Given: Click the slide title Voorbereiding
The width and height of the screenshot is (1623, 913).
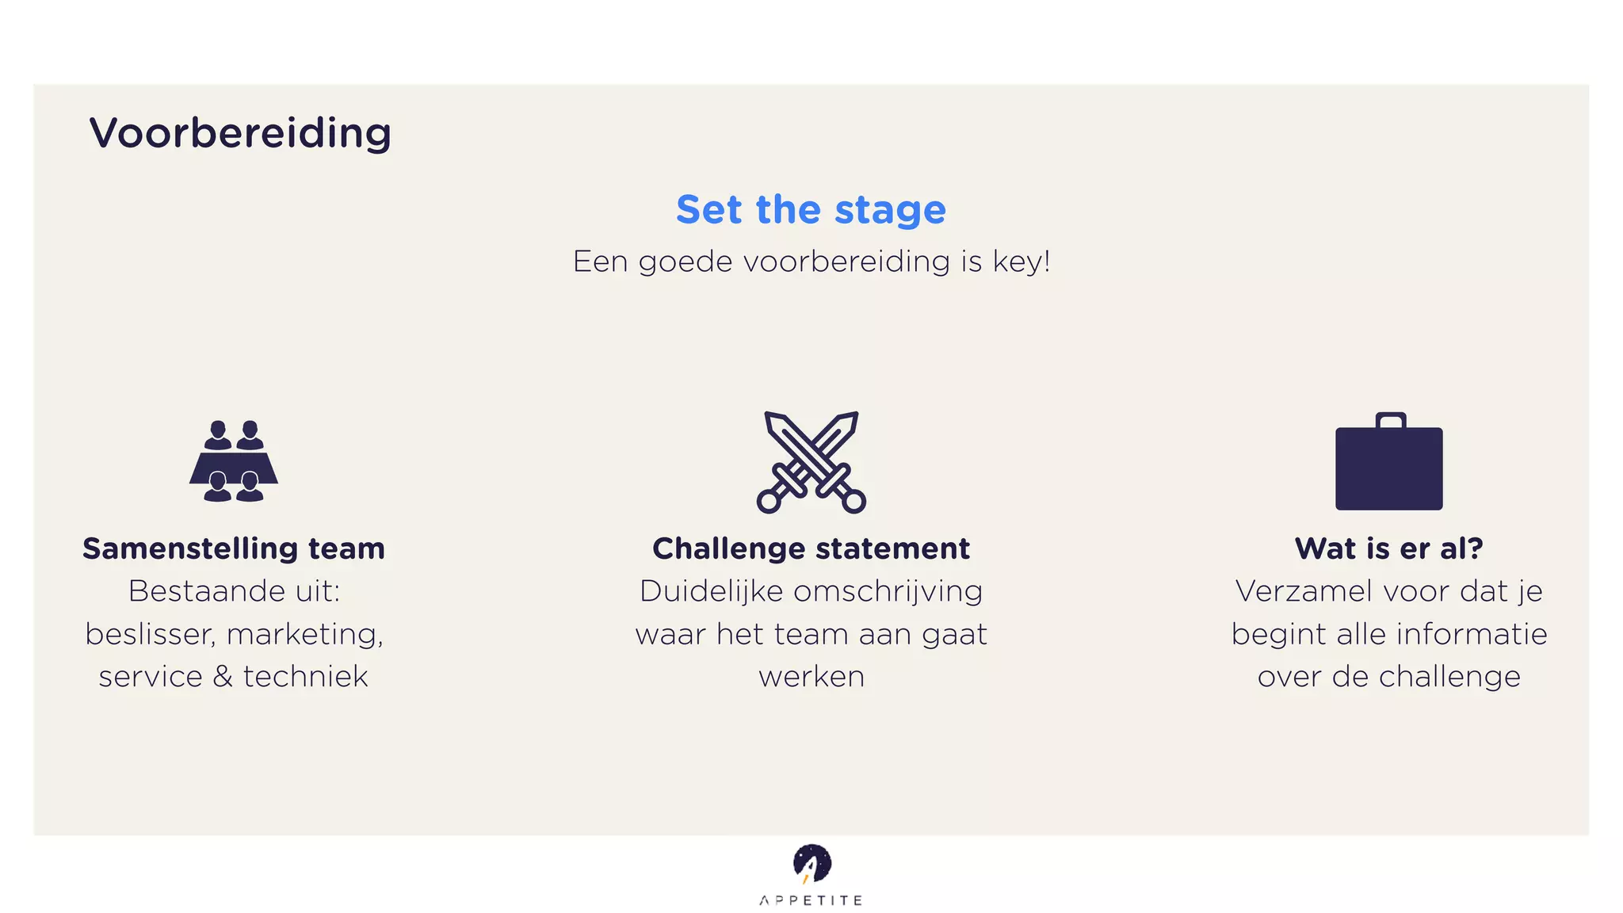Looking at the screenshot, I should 240,133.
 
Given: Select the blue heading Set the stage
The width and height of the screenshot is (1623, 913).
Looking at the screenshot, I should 811,210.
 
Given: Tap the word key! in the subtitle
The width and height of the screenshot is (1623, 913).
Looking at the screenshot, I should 1022,262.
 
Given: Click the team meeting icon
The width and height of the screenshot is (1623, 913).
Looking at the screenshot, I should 234,461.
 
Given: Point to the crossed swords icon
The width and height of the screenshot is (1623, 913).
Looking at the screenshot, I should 811,462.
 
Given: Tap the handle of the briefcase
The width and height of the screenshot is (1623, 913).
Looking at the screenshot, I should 1391,419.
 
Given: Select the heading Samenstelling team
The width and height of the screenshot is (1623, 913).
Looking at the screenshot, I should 234,548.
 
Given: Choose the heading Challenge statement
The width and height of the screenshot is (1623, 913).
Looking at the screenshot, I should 811,548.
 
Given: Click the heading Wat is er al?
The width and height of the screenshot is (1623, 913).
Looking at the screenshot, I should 1388,548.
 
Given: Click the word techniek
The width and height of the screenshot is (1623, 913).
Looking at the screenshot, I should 305,677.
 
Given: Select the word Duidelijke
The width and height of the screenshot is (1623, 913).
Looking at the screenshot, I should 711,592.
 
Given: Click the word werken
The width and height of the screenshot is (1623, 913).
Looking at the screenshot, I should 811,677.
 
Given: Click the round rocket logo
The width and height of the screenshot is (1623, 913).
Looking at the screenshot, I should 811,863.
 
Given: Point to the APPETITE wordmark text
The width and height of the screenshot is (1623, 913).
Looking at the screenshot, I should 811,900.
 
